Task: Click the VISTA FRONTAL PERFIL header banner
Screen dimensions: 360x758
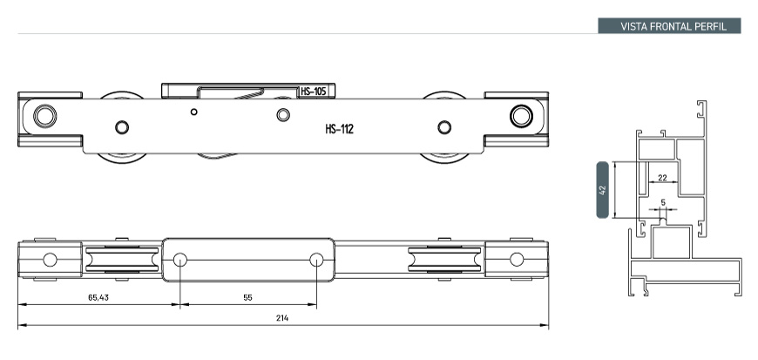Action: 668,26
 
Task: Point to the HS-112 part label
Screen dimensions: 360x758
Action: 339,129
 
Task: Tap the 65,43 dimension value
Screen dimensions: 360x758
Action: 98,297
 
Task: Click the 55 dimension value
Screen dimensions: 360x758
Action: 248,297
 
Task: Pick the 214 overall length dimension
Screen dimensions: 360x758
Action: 282,318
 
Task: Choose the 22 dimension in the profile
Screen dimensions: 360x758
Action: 662,178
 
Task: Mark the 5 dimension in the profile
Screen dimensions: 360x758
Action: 664,202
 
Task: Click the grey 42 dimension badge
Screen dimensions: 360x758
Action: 602,189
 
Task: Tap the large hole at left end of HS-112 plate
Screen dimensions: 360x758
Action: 44,115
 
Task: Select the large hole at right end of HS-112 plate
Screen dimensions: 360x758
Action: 521,115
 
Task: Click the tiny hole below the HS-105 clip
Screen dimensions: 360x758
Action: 194,112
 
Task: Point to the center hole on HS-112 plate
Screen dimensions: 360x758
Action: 282,115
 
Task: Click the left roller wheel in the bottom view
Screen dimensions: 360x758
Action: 122,259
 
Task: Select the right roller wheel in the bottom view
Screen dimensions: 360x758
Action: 442,259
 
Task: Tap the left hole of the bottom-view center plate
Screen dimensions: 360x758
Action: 179,259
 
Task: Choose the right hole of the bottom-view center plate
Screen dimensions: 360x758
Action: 316,259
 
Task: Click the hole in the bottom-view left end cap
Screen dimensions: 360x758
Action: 50,259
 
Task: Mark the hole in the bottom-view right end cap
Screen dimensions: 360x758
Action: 517,259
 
